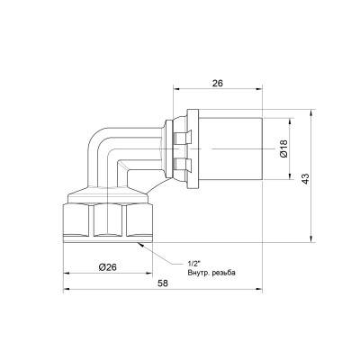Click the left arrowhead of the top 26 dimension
pyautogui.click(x=172, y=89)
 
